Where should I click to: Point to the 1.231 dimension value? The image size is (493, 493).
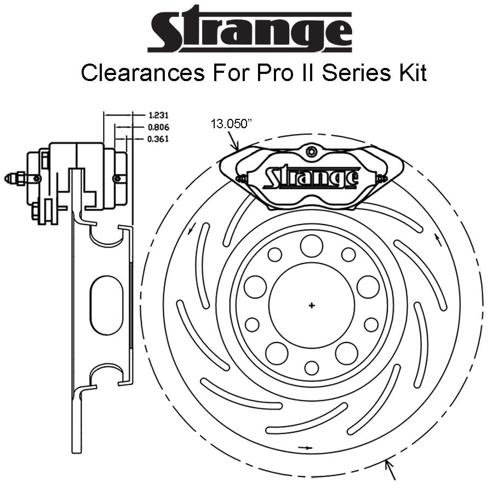[158, 116]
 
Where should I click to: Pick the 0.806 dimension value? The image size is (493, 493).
[158, 127]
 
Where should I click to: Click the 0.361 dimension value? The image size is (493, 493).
[158, 139]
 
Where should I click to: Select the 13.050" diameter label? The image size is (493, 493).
[231, 124]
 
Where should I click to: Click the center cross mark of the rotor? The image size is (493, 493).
[312, 305]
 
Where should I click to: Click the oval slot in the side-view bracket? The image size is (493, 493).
[107, 305]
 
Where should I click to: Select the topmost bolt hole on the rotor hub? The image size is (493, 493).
[312, 245]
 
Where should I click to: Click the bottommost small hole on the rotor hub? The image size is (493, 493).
[312, 368]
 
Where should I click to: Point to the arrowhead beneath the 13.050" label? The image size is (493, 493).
[236, 147]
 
